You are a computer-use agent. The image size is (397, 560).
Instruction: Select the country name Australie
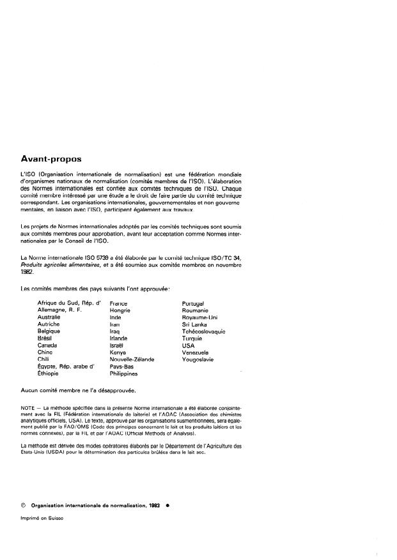[x=49, y=317]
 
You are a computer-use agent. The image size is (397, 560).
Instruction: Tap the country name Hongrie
[x=120, y=310]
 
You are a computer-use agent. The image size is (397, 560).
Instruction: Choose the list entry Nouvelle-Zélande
[x=132, y=359]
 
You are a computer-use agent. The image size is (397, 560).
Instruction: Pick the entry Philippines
[x=124, y=374]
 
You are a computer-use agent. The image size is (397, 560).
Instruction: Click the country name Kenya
[x=118, y=352]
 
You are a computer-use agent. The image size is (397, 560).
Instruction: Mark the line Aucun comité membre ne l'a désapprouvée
[x=78, y=390]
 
